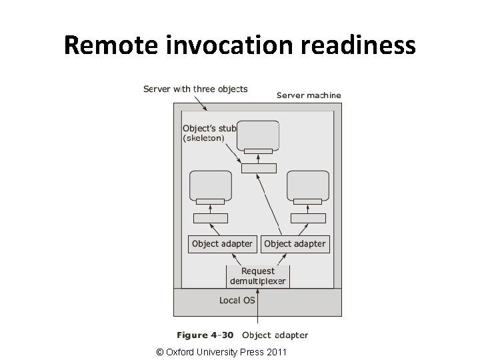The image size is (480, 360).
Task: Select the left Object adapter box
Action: (x=222, y=244)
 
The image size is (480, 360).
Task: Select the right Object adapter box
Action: (x=295, y=244)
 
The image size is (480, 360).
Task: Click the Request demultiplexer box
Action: (x=257, y=276)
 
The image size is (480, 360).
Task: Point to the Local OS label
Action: (x=237, y=301)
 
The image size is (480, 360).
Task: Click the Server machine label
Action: (x=309, y=95)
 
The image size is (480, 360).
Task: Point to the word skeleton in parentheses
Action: (x=203, y=139)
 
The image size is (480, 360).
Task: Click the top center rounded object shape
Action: (x=258, y=133)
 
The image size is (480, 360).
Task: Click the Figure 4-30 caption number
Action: (x=205, y=335)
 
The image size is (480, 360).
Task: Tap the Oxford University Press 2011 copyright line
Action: (x=221, y=351)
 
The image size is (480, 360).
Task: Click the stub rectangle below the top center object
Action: (x=259, y=168)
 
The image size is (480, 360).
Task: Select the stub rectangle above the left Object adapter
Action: (x=211, y=218)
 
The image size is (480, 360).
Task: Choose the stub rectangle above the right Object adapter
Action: (x=309, y=218)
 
